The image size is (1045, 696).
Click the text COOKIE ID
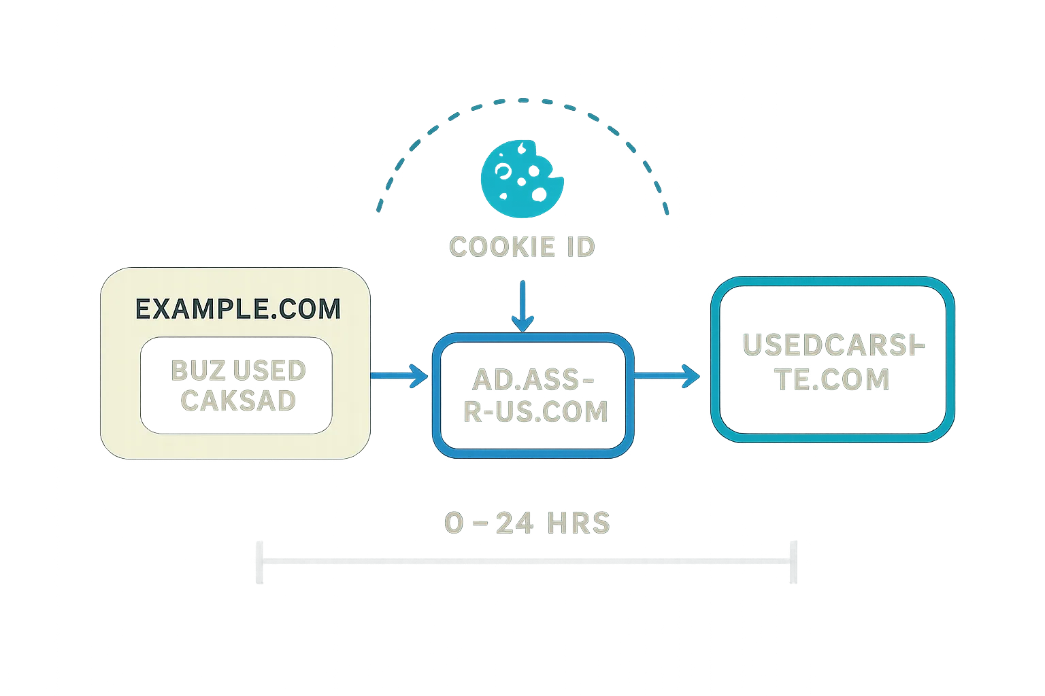click(x=522, y=247)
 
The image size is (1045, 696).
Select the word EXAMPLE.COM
click(x=237, y=309)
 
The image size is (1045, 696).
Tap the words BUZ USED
click(x=237, y=370)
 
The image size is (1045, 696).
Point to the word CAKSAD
click(x=237, y=400)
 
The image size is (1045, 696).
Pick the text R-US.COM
click(x=535, y=412)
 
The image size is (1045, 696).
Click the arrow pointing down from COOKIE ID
click(x=521, y=306)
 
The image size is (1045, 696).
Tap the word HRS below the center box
click(x=580, y=523)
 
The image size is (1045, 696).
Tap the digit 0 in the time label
click(x=454, y=523)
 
